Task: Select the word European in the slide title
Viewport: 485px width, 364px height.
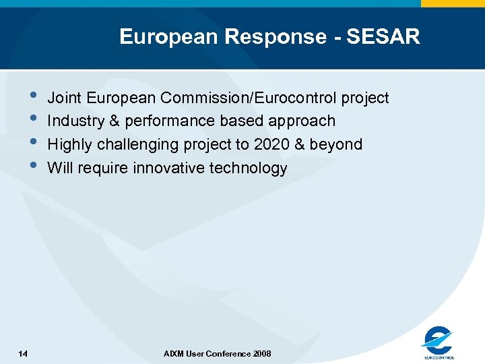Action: [168, 36]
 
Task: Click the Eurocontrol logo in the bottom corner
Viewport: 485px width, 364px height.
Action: [438, 342]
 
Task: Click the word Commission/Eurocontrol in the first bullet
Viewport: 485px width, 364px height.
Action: [249, 98]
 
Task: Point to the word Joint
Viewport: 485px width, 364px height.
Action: [64, 98]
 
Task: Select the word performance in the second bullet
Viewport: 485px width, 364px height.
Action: [171, 121]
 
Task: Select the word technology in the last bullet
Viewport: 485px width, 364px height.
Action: [250, 168]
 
